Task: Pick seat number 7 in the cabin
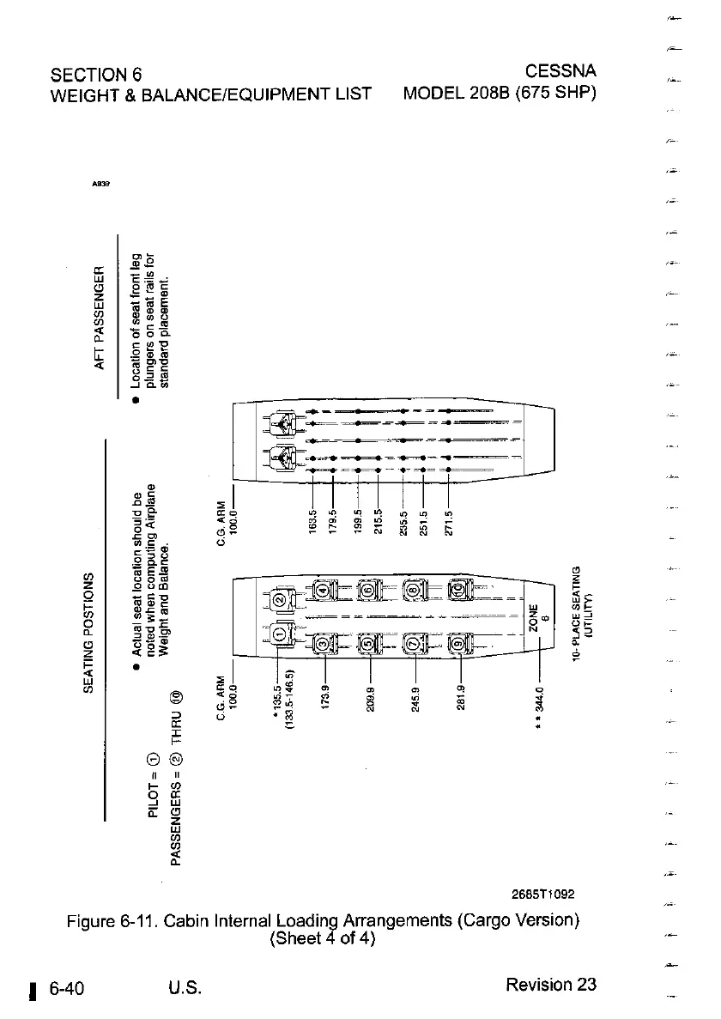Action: click(415, 642)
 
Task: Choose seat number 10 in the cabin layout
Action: click(459, 591)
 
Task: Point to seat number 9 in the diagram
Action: click(459, 642)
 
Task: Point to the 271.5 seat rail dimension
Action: click(447, 521)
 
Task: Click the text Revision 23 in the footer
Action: click(551, 984)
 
